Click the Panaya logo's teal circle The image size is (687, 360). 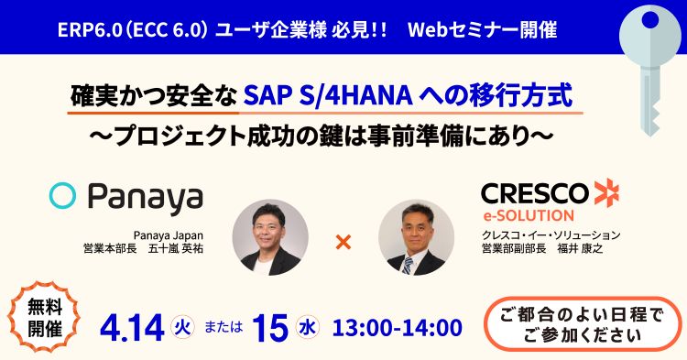coord(62,196)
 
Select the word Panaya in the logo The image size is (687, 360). coord(144,198)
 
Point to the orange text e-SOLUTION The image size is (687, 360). coord(529,216)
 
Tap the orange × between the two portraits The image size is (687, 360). coord(344,243)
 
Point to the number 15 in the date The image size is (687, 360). coord(271,326)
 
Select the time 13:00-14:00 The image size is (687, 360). coord(398,326)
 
